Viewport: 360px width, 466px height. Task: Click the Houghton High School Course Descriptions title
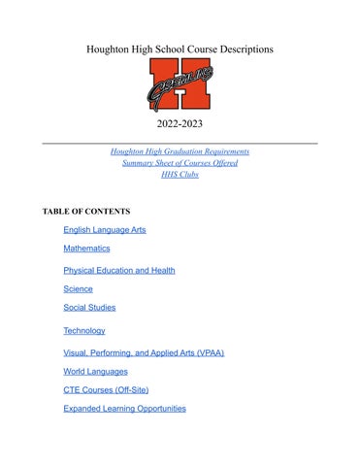pyautogui.click(x=180, y=48)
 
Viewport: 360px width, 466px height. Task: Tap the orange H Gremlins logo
pyautogui.click(x=180, y=85)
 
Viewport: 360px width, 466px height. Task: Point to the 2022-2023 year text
pyautogui.click(x=180, y=125)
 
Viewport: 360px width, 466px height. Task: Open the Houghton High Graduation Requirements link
pyautogui.click(x=180, y=151)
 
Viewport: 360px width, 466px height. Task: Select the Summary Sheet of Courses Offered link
pyautogui.click(x=180, y=163)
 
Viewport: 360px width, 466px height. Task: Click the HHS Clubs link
pyautogui.click(x=180, y=175)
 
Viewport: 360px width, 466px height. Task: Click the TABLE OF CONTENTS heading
pyautogui.click(x=86, y=211)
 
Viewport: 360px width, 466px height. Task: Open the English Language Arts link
pyautogui.click(x=105, y=230)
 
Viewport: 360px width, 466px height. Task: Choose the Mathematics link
pyautogui.click(x=86, y=249)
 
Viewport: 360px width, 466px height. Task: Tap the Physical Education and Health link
pyautogui.click(x=119, y=271)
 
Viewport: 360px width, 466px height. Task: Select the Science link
pyautogui.click(x=79, y=289)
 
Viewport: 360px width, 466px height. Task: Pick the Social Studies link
pyautogui.click(x=89, y=308)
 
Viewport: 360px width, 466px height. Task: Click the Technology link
pyautogui.click(x=84, y=331)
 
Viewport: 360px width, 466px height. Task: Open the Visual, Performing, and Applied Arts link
pyautogui.click(x=144, y=353)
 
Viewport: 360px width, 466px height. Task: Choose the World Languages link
pyautogui.click(x=95, y=372)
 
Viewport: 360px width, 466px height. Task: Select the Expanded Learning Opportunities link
pyautogui.click(x=124, y=409)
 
